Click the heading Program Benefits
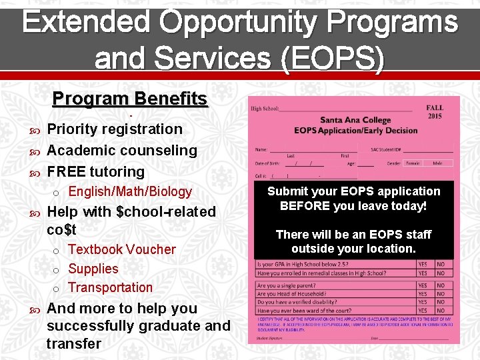pyautogui.click(x=130, y=99)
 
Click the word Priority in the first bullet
pyautogui.click(x=73, y=129)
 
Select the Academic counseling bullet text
pyautogui.click(x=122, y=151)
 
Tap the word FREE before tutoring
pyautogui.click(x=65, y=172)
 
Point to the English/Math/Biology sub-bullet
pyautogui.click(x=130, y=192)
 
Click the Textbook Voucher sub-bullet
pyautogui.click(x=122, y=249)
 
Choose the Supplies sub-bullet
pyautogui.click(x=93, y=269)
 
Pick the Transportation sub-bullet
pyautogui.click(x=111, y=287)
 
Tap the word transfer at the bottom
pyautogui.click(x=74, y=344)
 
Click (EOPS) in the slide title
pyautogui.click(x=331, y=58)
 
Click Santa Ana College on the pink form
pyautogui.click(x=355, y=120)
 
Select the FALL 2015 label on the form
pyautogui.click(x=434, y=111)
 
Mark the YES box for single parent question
pyautogui.click(x=423, y=286)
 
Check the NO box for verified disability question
pyautogui.click(x=441, y=302)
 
